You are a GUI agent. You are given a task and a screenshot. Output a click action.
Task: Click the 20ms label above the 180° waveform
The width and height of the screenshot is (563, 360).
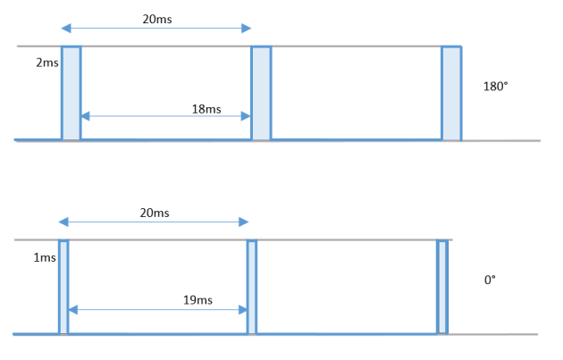(x=157, y=19)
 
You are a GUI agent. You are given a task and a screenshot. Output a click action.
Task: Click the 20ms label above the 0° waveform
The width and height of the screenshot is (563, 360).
(x=155, y=213)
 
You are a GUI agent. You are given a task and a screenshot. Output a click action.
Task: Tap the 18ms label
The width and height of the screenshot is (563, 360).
(x=206, y=109)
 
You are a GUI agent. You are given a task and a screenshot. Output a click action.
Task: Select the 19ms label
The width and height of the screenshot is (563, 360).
(x=197, y=300)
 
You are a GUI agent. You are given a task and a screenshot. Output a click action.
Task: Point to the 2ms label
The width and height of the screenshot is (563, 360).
(x=47, y=63)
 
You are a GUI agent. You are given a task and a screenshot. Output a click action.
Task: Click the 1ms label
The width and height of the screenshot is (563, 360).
(x=45, y=257)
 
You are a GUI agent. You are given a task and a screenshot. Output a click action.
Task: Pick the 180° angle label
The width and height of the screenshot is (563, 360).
(x=495, y=87)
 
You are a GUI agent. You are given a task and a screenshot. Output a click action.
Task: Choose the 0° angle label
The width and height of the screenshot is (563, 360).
(x=490, y=280)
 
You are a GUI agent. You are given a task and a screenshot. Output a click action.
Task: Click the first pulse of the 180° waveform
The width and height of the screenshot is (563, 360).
(x=71, y=93)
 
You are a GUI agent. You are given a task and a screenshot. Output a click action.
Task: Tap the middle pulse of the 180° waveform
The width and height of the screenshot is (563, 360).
(x=261, y=93)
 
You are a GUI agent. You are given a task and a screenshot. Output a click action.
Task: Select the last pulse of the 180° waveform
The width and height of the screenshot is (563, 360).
(x=451, y=93)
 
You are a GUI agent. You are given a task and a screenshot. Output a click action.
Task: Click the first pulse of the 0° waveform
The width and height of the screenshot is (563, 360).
(x=63, y=287)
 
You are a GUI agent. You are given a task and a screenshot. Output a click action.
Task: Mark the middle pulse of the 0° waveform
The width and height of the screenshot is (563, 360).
(x=252, y=287)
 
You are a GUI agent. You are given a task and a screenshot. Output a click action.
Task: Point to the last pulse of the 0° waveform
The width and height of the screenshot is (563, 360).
(x=442, y=287)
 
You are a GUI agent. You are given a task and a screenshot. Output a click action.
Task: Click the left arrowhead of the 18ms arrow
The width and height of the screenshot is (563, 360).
(x=85, y=116)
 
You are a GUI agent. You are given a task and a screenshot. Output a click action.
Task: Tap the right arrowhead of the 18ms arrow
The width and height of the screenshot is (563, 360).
(x=246, y=116)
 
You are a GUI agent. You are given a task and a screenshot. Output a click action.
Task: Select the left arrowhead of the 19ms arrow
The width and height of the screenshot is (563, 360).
(x=73, y=310)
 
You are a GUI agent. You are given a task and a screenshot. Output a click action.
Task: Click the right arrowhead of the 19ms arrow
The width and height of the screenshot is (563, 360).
(x=243, y=310)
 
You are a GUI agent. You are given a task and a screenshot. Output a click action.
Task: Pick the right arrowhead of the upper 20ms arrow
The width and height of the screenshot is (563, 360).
(x=247, y=28)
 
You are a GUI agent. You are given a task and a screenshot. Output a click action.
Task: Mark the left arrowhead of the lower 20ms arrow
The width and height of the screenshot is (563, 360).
(x=63, y=222)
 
